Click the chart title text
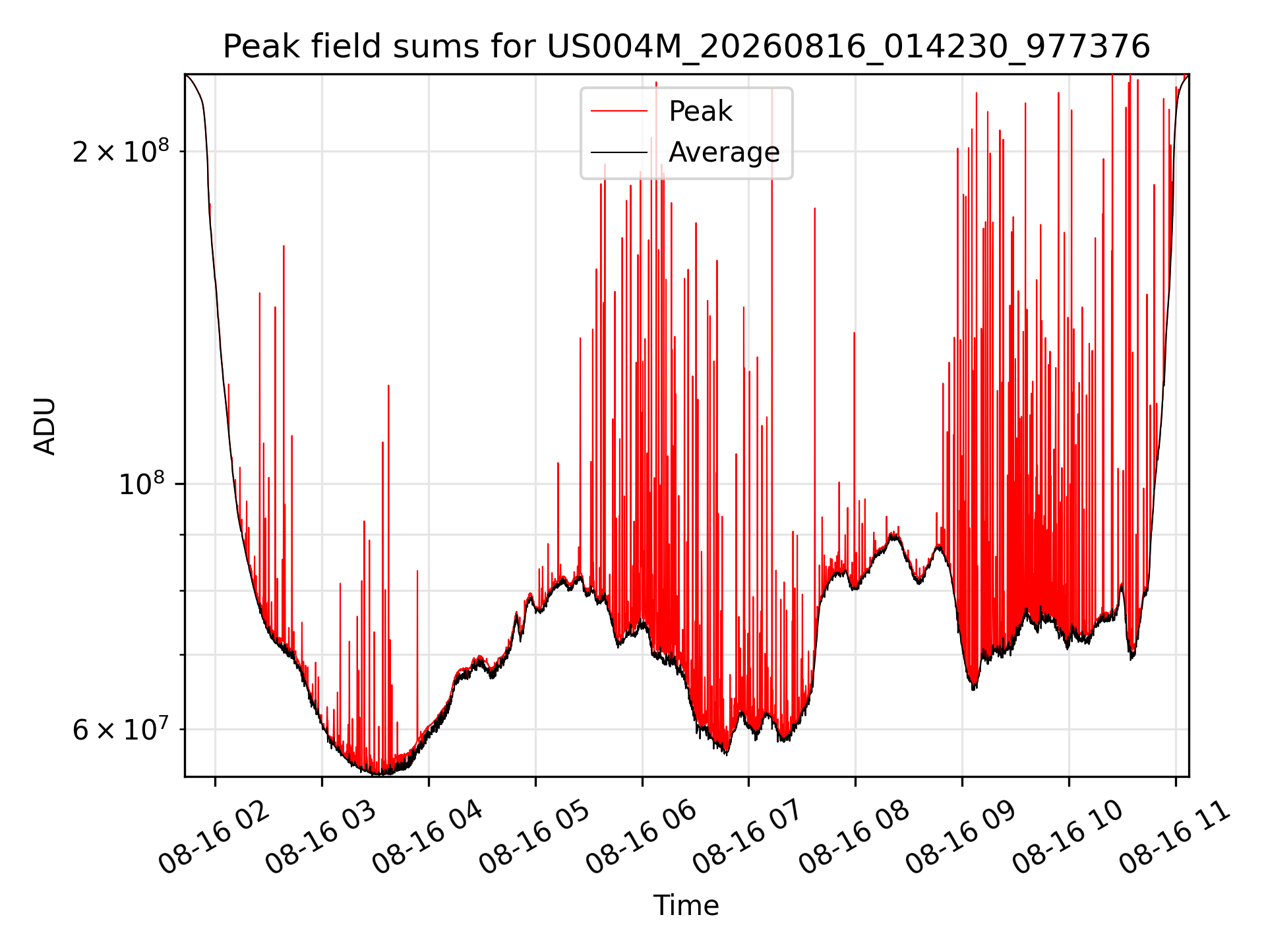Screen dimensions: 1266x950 pos(686,47)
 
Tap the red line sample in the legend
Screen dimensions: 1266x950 pos(619,111)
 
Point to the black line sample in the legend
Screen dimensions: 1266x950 pos(619,152)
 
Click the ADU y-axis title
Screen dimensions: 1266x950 pos(45,426)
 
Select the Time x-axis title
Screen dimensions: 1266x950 pos(686,905)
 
